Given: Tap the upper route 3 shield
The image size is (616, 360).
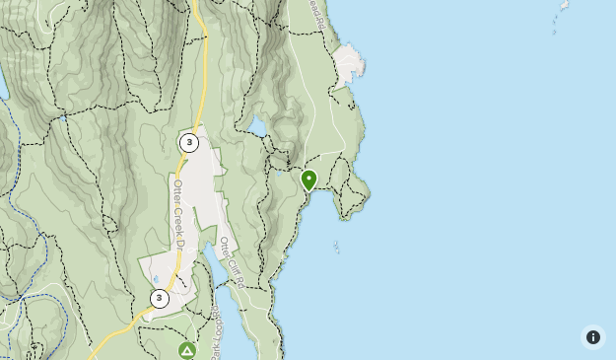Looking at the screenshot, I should [189, 143].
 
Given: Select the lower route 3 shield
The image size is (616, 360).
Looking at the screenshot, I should [159, 298].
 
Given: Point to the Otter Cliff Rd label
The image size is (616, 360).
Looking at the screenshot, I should [231, 261].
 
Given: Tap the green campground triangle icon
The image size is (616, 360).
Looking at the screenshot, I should [187, 350].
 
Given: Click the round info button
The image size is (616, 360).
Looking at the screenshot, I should [592, 337].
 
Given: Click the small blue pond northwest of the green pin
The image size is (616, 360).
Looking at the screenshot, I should [256, 127].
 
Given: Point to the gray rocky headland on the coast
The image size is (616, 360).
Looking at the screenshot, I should [347, 65].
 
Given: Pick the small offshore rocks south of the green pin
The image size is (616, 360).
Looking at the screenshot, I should [336, 247].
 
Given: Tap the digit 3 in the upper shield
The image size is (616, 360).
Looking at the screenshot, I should [189, 143].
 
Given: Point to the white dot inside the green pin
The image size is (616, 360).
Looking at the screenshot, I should [308, 179].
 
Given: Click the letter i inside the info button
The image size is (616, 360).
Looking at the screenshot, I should [592, 337].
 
